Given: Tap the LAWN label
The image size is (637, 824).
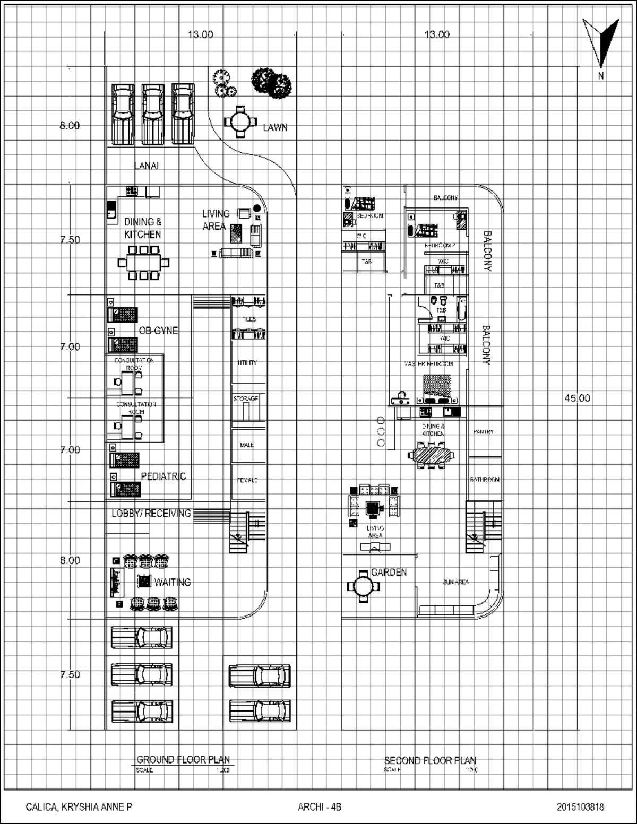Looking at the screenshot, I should [275, 127].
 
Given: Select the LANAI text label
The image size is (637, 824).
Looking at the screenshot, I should [146, 166].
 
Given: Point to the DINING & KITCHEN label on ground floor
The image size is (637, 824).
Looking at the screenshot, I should [143, 228].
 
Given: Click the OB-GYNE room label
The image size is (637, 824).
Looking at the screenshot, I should [158, 331].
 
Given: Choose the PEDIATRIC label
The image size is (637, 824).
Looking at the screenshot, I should [163, 476].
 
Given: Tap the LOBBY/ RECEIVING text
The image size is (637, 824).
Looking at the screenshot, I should [151, 513].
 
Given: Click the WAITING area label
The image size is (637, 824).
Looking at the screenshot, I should [172, 582].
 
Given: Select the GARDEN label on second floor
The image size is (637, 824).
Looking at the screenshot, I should [389, 572].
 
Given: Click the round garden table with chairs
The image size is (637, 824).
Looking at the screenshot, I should [364, 586].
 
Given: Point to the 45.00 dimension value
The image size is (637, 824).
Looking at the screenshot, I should [576, 398].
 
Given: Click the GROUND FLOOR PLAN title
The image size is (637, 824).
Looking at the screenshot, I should [183, 759].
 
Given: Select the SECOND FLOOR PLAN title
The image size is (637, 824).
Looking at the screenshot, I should [430, 760].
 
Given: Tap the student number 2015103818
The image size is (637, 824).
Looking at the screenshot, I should [580, 807].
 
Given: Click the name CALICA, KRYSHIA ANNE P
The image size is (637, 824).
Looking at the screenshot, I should [79, 807].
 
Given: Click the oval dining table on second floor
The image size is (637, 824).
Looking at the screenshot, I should [431, 455].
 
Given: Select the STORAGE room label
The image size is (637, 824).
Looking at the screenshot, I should [246, 398].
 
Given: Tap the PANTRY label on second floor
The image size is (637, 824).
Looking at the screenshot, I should [483, 432].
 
